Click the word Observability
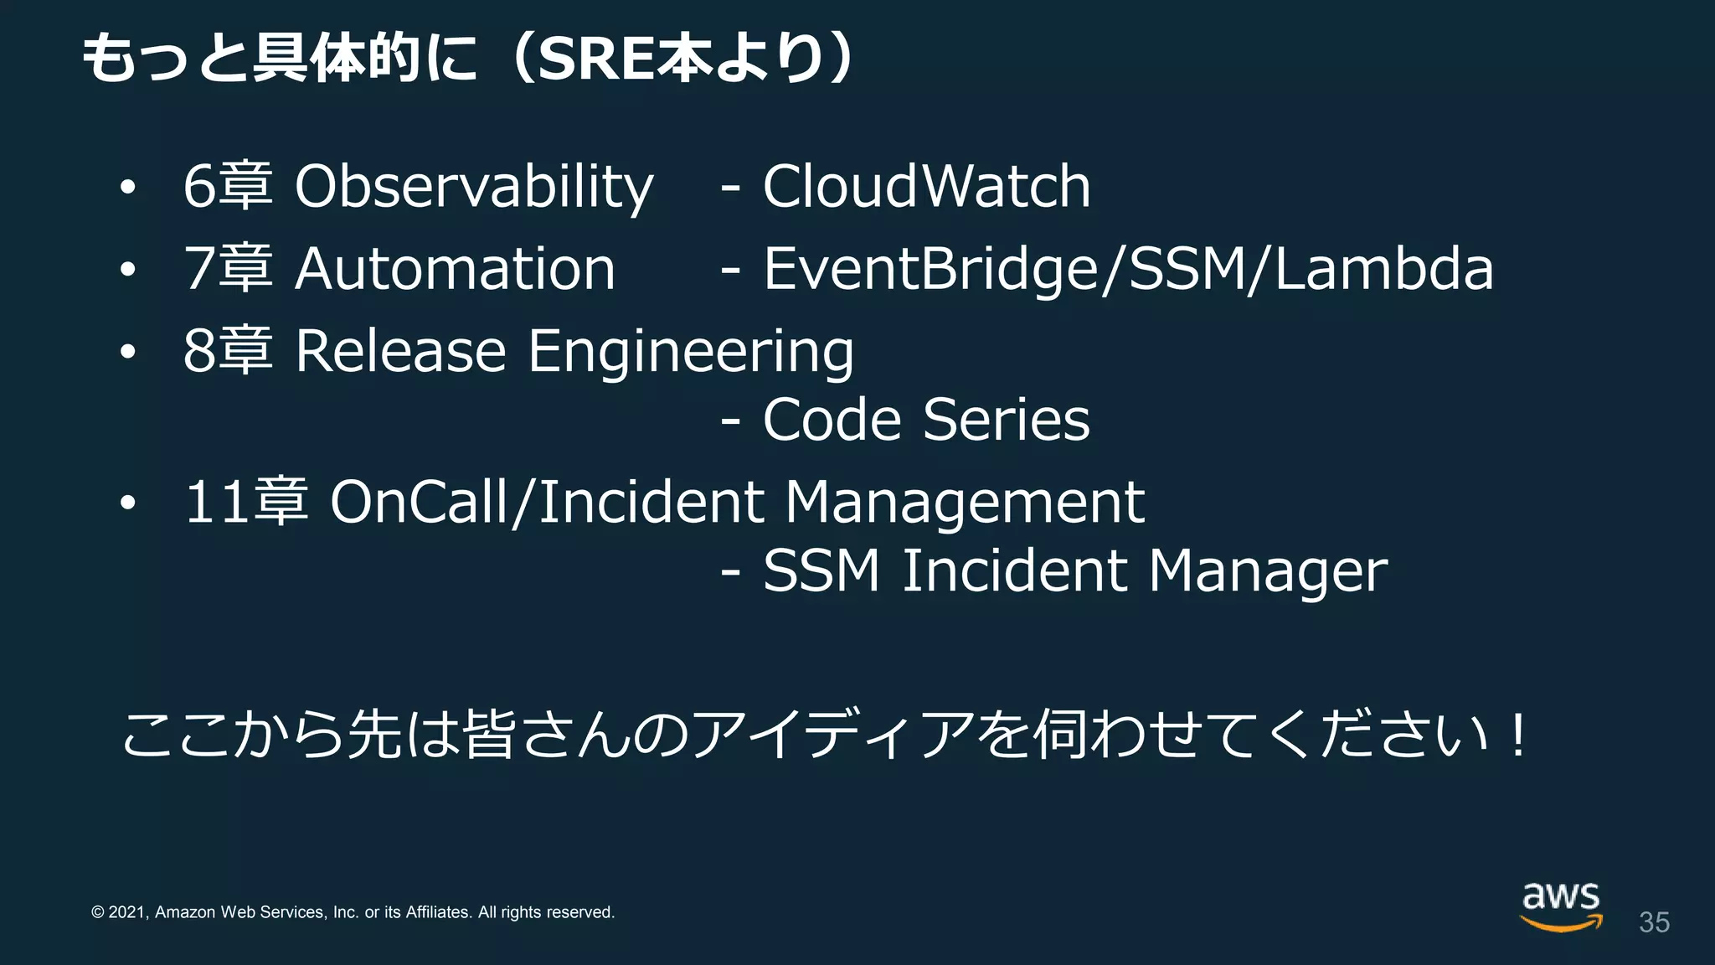(x=473, y=186)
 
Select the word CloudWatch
(x=926, y=186)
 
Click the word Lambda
(x=1383, y=269)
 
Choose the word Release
(x=400, y=351)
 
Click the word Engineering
(x=691, y=353)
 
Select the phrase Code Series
(x=926, y=419)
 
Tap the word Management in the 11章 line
(x=964, y=503)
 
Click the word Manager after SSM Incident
(x=1268, y=572)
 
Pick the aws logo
(x=1561, y=906)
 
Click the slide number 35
(x=1654, y=922)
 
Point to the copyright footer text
(x=353, y=912)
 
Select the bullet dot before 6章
(x=127, y=188)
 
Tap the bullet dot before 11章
(x=127, y=503)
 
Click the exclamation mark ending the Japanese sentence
(x=1517, y=734)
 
